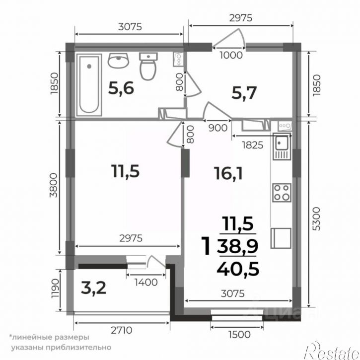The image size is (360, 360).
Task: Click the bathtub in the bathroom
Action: [89, 85]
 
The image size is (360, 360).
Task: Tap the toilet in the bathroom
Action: [148, 67]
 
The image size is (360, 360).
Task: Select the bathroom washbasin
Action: [118, 61]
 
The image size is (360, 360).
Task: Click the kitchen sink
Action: [282, 146]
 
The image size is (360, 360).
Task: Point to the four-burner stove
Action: [282, 193]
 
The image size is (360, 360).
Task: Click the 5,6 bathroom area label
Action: [121, 88]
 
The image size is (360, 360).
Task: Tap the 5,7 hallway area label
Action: [244, 93]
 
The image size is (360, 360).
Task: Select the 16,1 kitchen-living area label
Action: [228, 173]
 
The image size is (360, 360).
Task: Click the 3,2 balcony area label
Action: [94, 288]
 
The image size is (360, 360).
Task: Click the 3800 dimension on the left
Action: [54, 185]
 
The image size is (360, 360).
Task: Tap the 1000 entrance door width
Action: [231, 55]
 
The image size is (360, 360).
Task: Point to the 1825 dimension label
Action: [253, 145]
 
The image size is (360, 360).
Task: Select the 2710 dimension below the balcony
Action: [122, 330]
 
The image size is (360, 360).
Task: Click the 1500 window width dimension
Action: [239, 335]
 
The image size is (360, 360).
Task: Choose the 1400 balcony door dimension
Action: [146, 283]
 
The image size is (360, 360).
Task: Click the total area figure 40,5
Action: [238, 269]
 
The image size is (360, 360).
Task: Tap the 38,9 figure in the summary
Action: [238, 246]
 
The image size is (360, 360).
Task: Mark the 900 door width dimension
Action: [217, 128]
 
